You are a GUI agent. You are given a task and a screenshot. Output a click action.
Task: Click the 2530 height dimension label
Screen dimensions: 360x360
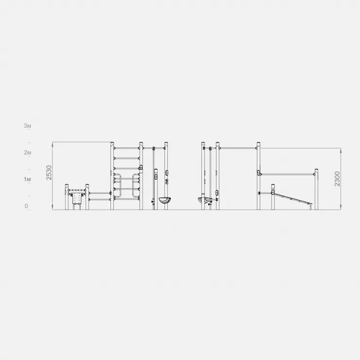(x=49, y=173)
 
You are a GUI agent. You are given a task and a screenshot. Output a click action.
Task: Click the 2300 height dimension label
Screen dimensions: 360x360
(x=337, y=179)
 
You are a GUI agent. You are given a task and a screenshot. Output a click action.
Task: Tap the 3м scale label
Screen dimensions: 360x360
(x=27, y=126)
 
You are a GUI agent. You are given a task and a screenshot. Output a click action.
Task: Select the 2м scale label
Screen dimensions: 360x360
(x=27, y=152)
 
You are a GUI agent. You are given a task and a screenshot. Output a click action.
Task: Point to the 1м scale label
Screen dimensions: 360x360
(x=27, y=179)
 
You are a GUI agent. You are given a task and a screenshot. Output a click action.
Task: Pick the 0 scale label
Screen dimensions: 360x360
(x=26, y=206)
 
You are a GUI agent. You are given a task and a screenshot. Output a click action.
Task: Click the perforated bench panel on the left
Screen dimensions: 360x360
(x=77, y=198)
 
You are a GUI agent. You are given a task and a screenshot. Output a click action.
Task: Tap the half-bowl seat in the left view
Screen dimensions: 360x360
(x=164, y=200)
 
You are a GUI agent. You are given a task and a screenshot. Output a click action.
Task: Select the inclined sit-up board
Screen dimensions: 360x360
(x=293, y=199)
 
